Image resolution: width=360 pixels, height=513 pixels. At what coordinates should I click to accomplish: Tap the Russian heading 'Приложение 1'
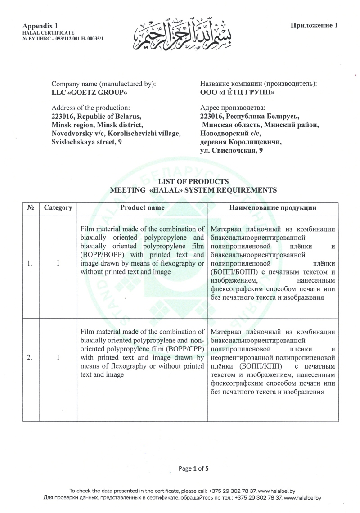(x=314, y=25)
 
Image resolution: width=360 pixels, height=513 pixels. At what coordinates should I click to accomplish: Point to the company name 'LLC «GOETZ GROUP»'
(x=90, y=93)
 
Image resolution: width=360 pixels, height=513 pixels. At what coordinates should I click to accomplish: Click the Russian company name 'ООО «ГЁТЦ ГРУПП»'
(x=237, y=93)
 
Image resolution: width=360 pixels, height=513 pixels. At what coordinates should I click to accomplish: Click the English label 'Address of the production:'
(x=91, y=108)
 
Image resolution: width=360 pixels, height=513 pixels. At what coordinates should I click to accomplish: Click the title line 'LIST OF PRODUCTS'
(x=193, y=181)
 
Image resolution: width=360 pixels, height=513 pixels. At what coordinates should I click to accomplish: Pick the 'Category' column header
(x=58, y=208)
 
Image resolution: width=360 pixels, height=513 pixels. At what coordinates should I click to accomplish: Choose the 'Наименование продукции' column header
(x=273, y=208)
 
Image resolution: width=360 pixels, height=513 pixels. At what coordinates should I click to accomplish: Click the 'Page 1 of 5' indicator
(x=193, y=468)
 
